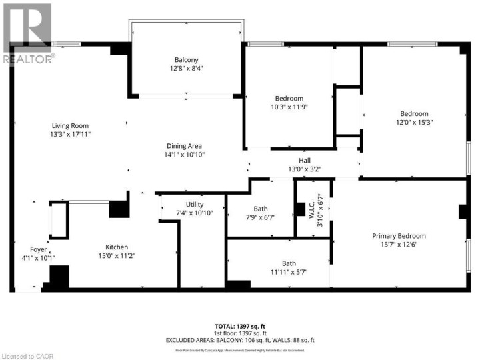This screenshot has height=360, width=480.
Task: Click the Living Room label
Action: coord(70,125)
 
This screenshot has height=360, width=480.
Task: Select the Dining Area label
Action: coord(185,146)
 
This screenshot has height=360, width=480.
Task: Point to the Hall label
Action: coord(304,160)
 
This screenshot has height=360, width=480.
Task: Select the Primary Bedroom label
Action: coord(399,236)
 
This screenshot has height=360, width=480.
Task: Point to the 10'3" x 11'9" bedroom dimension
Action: coord(289,107)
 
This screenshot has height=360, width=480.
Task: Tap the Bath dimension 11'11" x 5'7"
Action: coord(289,271)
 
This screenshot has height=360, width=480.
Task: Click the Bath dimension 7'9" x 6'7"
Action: coord(260,217)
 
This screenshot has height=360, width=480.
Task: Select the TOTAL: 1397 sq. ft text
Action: coord(239,326)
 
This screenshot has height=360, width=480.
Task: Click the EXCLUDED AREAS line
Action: coord(239,339)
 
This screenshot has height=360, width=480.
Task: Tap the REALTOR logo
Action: coord(27,33)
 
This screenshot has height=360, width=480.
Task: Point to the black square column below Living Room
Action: coord(119,209)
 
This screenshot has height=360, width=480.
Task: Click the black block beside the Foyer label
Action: coord(59,276)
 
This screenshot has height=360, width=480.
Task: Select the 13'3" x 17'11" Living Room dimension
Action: coord(70,134)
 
